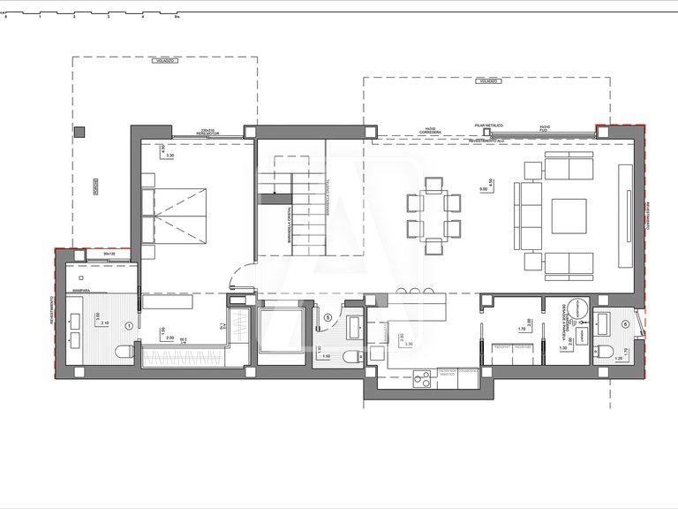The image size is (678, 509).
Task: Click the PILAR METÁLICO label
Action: click(488, 126)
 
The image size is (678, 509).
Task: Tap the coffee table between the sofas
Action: click(569, 213)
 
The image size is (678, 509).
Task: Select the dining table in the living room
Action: click(433, 215)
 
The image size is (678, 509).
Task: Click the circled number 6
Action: click(626, 323)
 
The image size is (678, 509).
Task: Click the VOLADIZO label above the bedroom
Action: click(164, 61)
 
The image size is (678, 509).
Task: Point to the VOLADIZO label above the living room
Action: click(486, 80)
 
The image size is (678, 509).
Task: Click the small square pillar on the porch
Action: click(79, 132)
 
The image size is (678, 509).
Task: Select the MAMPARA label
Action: click(85, 288)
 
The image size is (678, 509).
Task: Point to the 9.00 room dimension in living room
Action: click(482, 190)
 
